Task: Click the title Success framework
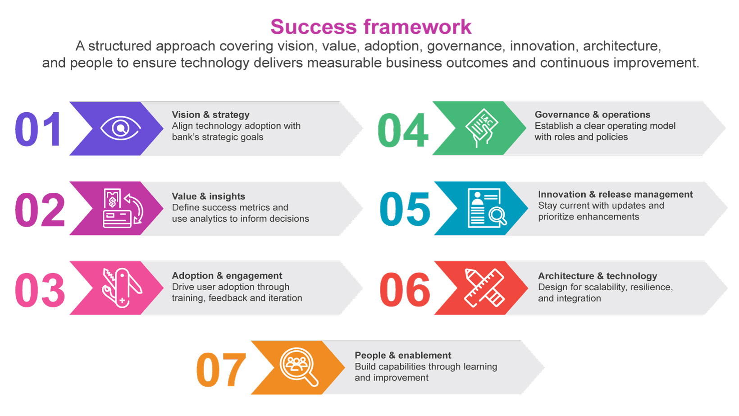371,27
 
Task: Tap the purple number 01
38,129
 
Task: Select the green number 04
403,130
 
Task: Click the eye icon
120,128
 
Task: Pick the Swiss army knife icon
122,288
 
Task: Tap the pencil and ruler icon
484,288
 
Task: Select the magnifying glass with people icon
299,366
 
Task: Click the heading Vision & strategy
210,114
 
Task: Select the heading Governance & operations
593,114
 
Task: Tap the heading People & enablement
403,355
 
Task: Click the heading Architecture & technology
598,276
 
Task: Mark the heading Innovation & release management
615,194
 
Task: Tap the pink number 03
40,290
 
